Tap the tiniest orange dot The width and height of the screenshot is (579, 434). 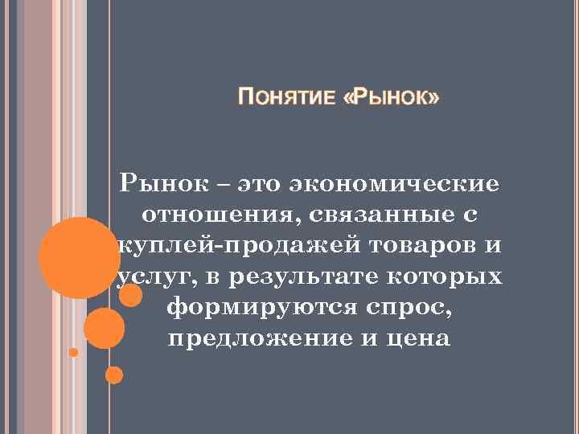(x=74, y=352)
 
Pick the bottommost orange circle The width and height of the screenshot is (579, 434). (x=114, y=375)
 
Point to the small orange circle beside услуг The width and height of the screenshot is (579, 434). (x=129, y=295)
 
